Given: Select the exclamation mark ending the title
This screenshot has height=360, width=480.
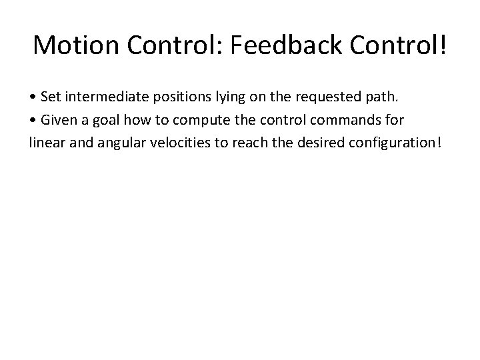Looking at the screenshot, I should [443, 45].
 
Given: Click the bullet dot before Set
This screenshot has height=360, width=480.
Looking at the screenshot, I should [33, 98].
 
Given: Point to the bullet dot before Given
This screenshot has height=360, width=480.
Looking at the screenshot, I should [33, 121].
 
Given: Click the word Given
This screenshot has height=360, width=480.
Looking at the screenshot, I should [58, 121].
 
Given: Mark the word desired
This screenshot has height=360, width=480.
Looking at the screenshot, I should [313, 143].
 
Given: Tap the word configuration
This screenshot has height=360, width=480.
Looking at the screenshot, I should [391, 143].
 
